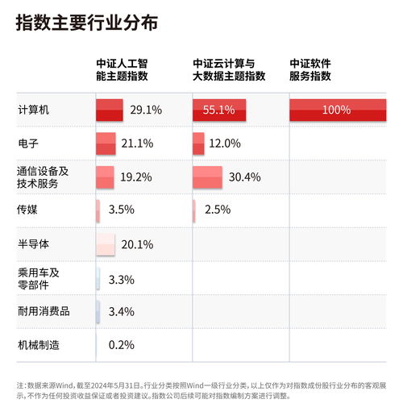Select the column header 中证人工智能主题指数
point(122,69)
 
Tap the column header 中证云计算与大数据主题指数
point(229,69)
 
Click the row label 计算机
point(33,110)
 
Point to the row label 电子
point(28,143)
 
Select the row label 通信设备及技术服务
point(43,177)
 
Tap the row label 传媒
point(28,210)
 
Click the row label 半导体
point(33,243)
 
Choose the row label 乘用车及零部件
point(39,278)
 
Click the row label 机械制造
point(39,345)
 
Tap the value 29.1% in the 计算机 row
point(147,110)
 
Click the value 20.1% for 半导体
point(136,244)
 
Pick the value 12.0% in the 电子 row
point(225,143)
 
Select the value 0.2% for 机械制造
point(121,345)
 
